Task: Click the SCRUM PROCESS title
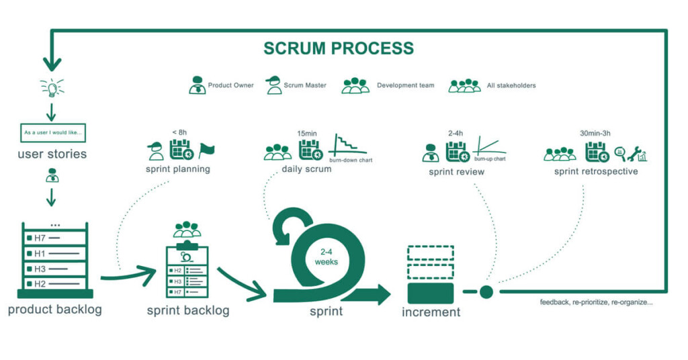pos(339,48)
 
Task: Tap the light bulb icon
pos(52,88)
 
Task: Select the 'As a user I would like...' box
pos(52,132)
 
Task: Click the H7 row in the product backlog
pos(55,238)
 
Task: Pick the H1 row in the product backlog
pos(55,253)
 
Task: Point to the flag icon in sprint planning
pos(206,150)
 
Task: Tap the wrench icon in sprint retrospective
pos(634,154)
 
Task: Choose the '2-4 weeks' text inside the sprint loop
pos(326,257)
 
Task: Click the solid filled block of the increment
pos(431,294)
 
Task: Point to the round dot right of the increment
pos(486,292)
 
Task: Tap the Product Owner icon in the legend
pos(198,85)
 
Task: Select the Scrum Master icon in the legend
pos(273,85)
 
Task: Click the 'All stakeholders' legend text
pos(511,85)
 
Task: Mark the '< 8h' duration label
pos(179,132)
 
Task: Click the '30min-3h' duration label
pos(595,133)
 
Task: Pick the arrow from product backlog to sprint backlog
pos(128,275)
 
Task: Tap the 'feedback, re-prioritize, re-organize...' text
pos(597,302)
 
